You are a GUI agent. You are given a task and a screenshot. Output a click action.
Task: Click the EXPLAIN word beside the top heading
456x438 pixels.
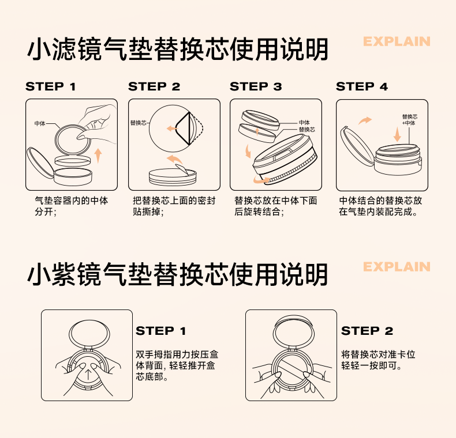tap(397, 41)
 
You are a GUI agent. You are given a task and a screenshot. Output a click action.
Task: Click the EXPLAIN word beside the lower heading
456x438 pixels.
tap(397, 267)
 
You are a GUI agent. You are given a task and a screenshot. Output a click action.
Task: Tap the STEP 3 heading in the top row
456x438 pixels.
tap(256, 86)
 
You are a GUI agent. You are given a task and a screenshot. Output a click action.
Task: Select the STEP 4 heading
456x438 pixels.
tap(362, 86)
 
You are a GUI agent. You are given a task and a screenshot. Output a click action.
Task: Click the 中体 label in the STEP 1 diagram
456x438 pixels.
tap(40, 123)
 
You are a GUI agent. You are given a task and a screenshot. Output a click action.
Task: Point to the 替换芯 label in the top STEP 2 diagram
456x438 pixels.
tap(139, 123)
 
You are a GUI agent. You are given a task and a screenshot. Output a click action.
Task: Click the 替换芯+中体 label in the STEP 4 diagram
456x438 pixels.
tap(409, 120)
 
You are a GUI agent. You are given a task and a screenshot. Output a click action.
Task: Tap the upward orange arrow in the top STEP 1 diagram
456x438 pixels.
tap(98, 156)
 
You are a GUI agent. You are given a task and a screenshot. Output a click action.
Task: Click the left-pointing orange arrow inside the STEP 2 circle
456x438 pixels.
tap(172, 129)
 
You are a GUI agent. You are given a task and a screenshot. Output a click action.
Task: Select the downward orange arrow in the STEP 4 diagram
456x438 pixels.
tap(397, 134)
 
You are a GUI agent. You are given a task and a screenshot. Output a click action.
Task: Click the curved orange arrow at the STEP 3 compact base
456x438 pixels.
tap(261, 180)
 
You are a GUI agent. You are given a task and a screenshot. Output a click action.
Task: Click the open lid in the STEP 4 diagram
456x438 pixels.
tap(357, 146)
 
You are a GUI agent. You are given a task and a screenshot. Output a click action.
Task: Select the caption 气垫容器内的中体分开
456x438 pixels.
tap(71, 206)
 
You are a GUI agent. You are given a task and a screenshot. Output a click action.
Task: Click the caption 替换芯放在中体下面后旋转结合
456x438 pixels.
tap(275, 206)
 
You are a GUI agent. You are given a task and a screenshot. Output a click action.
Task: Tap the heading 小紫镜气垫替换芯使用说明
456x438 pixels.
tap(178, 274)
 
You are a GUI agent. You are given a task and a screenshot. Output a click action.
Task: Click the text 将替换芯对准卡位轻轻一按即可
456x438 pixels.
tap(378, 360)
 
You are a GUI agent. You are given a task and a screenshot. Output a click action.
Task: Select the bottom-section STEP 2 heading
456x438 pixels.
tap(367, 331)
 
